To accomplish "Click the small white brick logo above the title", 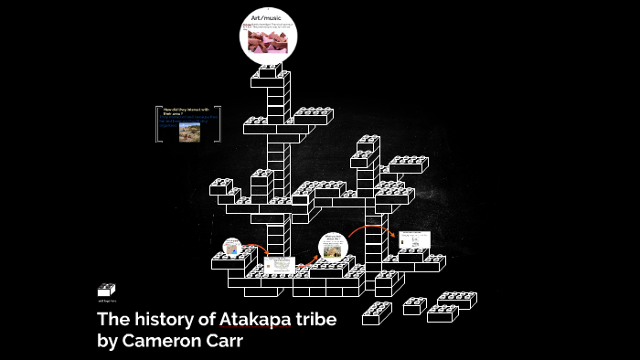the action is point(106,290).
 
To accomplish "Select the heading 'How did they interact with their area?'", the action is point(187,112).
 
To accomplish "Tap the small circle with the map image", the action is point(233,248).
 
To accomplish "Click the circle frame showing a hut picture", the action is point(333,247).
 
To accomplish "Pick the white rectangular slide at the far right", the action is point(414,240).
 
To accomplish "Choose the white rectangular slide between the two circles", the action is point(280,266).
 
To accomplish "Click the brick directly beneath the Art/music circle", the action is point(271,70).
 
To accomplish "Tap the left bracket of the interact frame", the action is point(158,124).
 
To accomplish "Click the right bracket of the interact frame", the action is point(220,124).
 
